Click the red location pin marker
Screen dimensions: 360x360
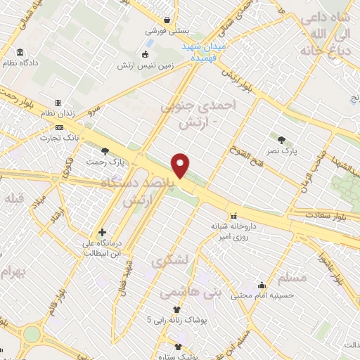[181, 166]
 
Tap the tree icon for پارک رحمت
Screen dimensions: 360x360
[105, 150]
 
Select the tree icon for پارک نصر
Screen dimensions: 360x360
[282, 139]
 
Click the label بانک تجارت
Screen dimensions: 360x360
[82, 136]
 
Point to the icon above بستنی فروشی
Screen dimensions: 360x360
[167, 20]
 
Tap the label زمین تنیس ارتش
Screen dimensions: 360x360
[146, 65]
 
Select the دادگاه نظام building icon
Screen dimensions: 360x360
[19, 53]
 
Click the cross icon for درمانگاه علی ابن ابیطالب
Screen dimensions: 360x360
[103, 232]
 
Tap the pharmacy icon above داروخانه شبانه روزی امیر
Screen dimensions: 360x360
[233, 216]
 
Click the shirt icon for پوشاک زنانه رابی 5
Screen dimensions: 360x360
[176, 309]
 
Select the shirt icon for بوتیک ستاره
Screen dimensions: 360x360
[177, 347]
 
